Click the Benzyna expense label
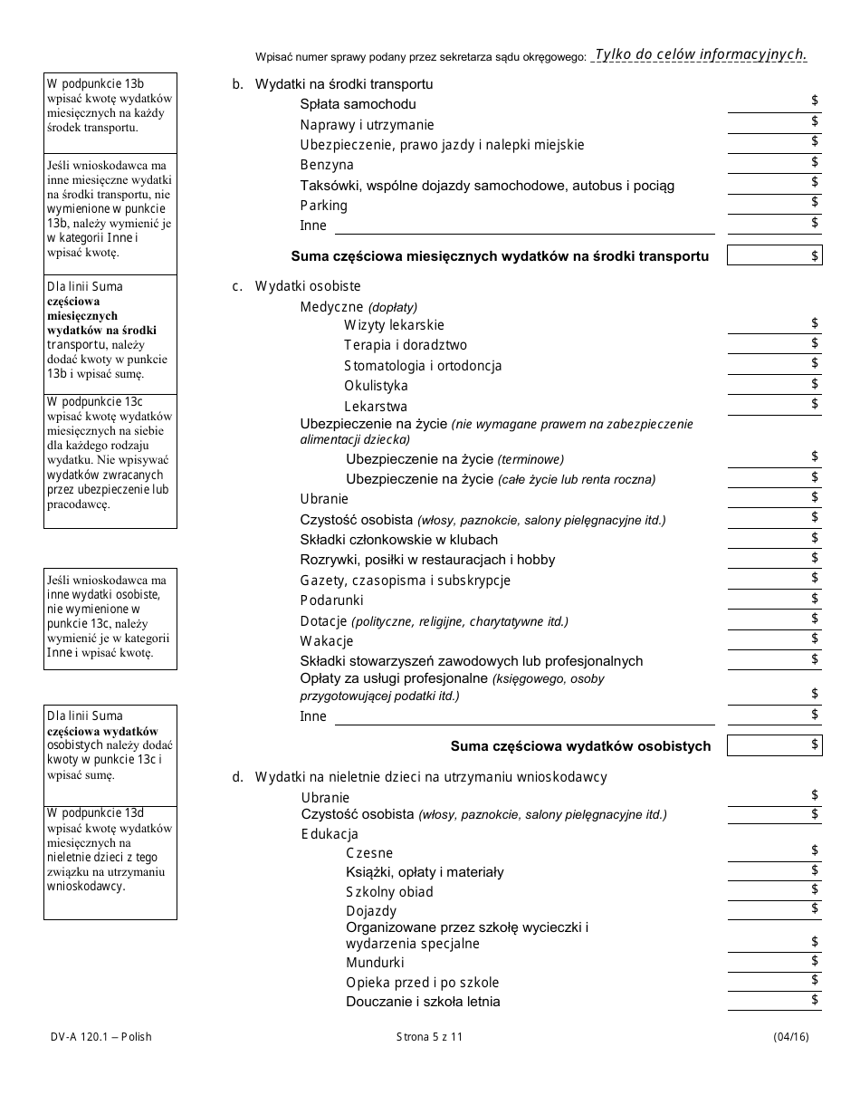327,165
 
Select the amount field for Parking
774,204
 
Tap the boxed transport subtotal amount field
774,256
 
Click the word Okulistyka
376,386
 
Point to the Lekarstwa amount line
774,406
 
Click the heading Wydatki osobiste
308,286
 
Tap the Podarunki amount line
774,600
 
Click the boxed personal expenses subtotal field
774,745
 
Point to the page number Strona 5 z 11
429,1037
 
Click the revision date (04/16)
791,1037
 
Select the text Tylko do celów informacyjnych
700,54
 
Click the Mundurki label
375,963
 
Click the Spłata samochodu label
358,104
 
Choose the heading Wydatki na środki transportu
344,84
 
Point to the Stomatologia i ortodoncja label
423,366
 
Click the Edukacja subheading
330,834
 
